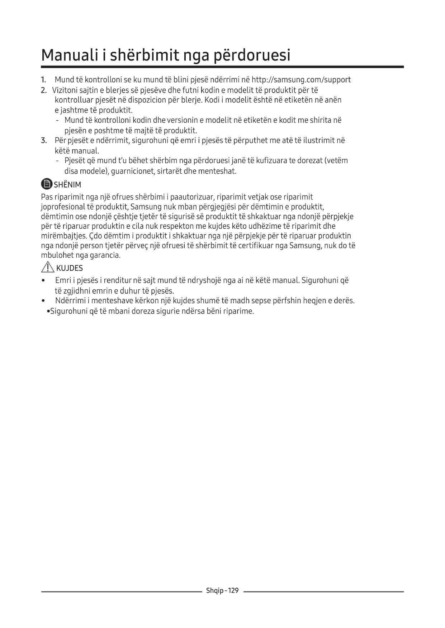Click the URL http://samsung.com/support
(x=301, y=80)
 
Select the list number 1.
(x=43, y=80)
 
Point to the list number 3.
(x=44, y=140)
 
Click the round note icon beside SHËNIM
(x=47, y=184)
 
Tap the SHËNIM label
(x=67, y=185)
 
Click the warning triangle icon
(x=47, y=267)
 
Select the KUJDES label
(x=70, y=268)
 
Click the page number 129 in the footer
(x=233, y=590)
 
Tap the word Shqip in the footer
(x=214, y=591)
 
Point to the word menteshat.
(x=218, y=171)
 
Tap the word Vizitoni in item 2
(x=65, y=90)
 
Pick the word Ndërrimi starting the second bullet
(x=70, y=300)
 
